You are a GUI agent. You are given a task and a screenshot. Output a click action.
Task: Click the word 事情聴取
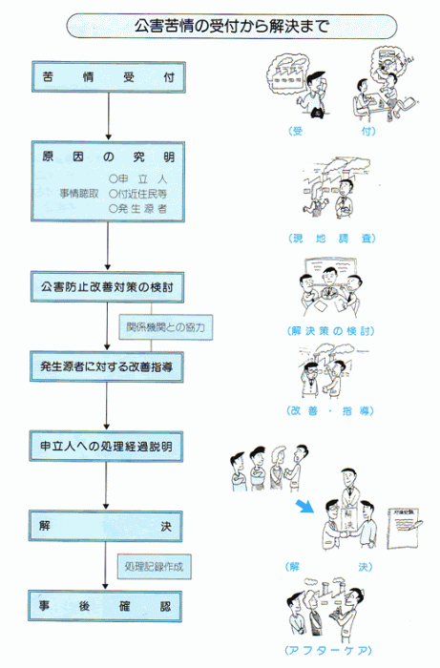tap(80, 191)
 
